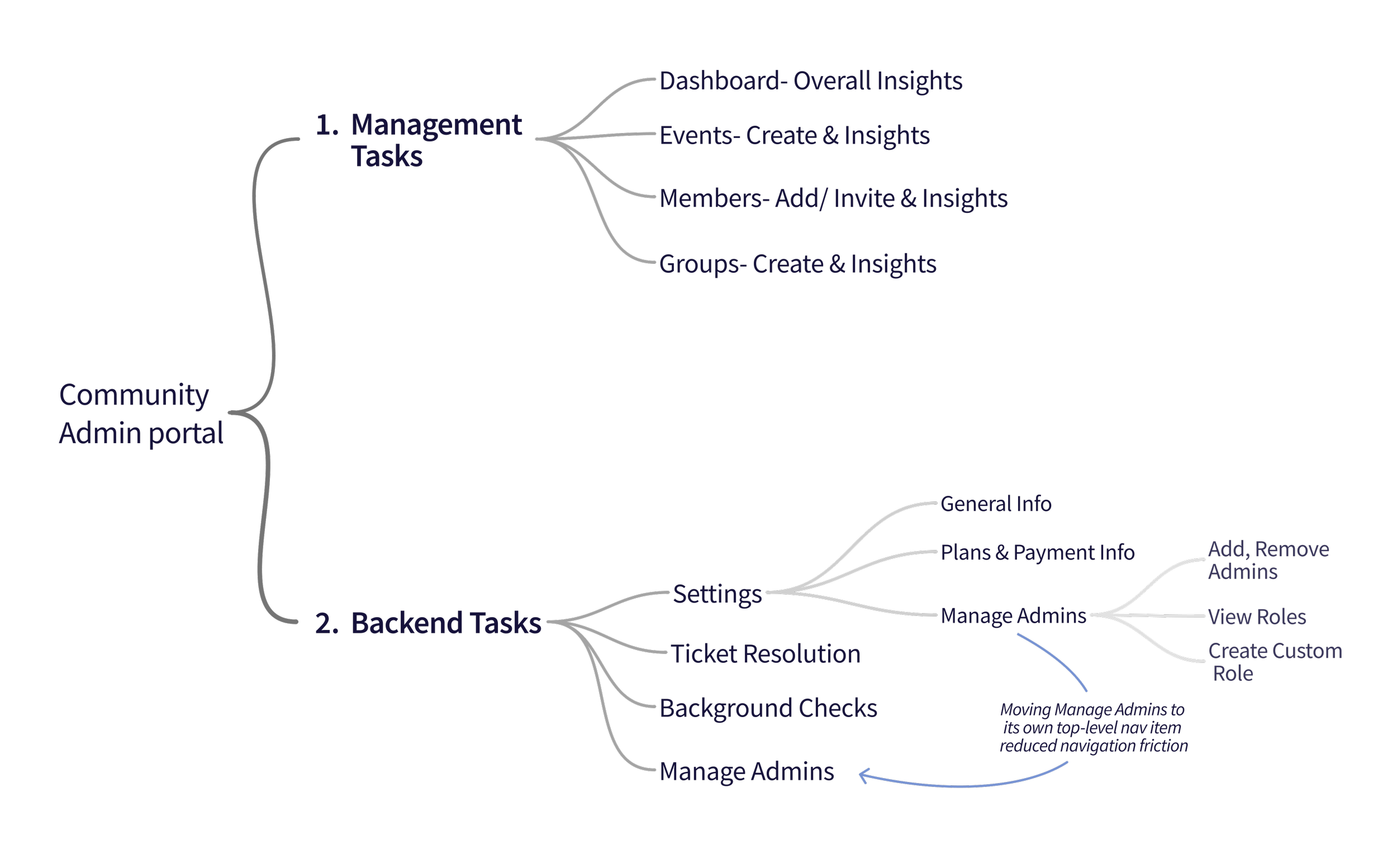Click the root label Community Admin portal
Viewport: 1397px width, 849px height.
click(141, 414)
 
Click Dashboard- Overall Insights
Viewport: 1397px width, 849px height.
click(811, 81)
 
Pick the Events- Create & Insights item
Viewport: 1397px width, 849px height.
click(794, 136)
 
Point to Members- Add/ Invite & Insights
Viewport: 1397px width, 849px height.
click(833, 198)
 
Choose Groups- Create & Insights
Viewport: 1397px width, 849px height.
click(798, 264)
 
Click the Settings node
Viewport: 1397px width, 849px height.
click(717, 594)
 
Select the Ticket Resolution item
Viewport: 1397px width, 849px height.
click(766, 654)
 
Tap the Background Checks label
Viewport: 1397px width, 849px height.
click(768, 708)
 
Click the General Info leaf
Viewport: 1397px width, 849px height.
click(996, 504)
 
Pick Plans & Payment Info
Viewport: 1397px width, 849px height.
click(1038, 552)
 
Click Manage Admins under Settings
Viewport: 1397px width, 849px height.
click(1013, 616)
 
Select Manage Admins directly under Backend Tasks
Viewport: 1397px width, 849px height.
click(747, 772)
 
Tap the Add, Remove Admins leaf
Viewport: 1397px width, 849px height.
click(1268, 561)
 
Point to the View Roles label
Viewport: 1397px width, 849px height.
click(1257, 617)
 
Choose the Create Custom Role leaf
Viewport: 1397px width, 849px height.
click(1275, 662)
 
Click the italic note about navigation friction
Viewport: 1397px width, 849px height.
click(1093, 728)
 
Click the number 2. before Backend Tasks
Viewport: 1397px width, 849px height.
click(327, 623)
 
